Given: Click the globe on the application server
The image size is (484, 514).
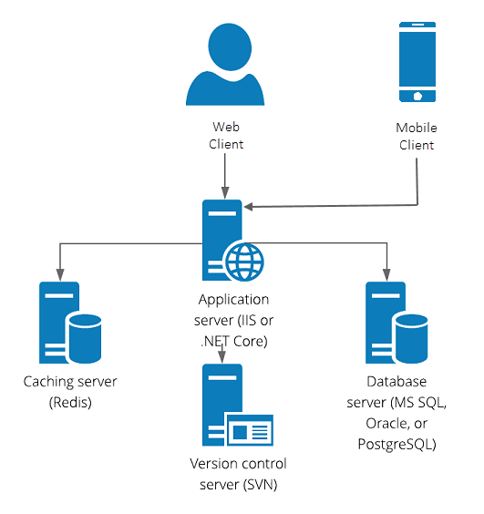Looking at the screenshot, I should click(x=244, y=262).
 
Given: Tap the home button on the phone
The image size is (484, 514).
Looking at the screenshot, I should click(x=417, y=95).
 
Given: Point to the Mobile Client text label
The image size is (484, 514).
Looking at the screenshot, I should click(x=415, y=137).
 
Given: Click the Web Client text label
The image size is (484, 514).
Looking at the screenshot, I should click(x=226, y=135).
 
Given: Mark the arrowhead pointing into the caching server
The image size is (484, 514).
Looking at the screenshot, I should click(x=59, y=272).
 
